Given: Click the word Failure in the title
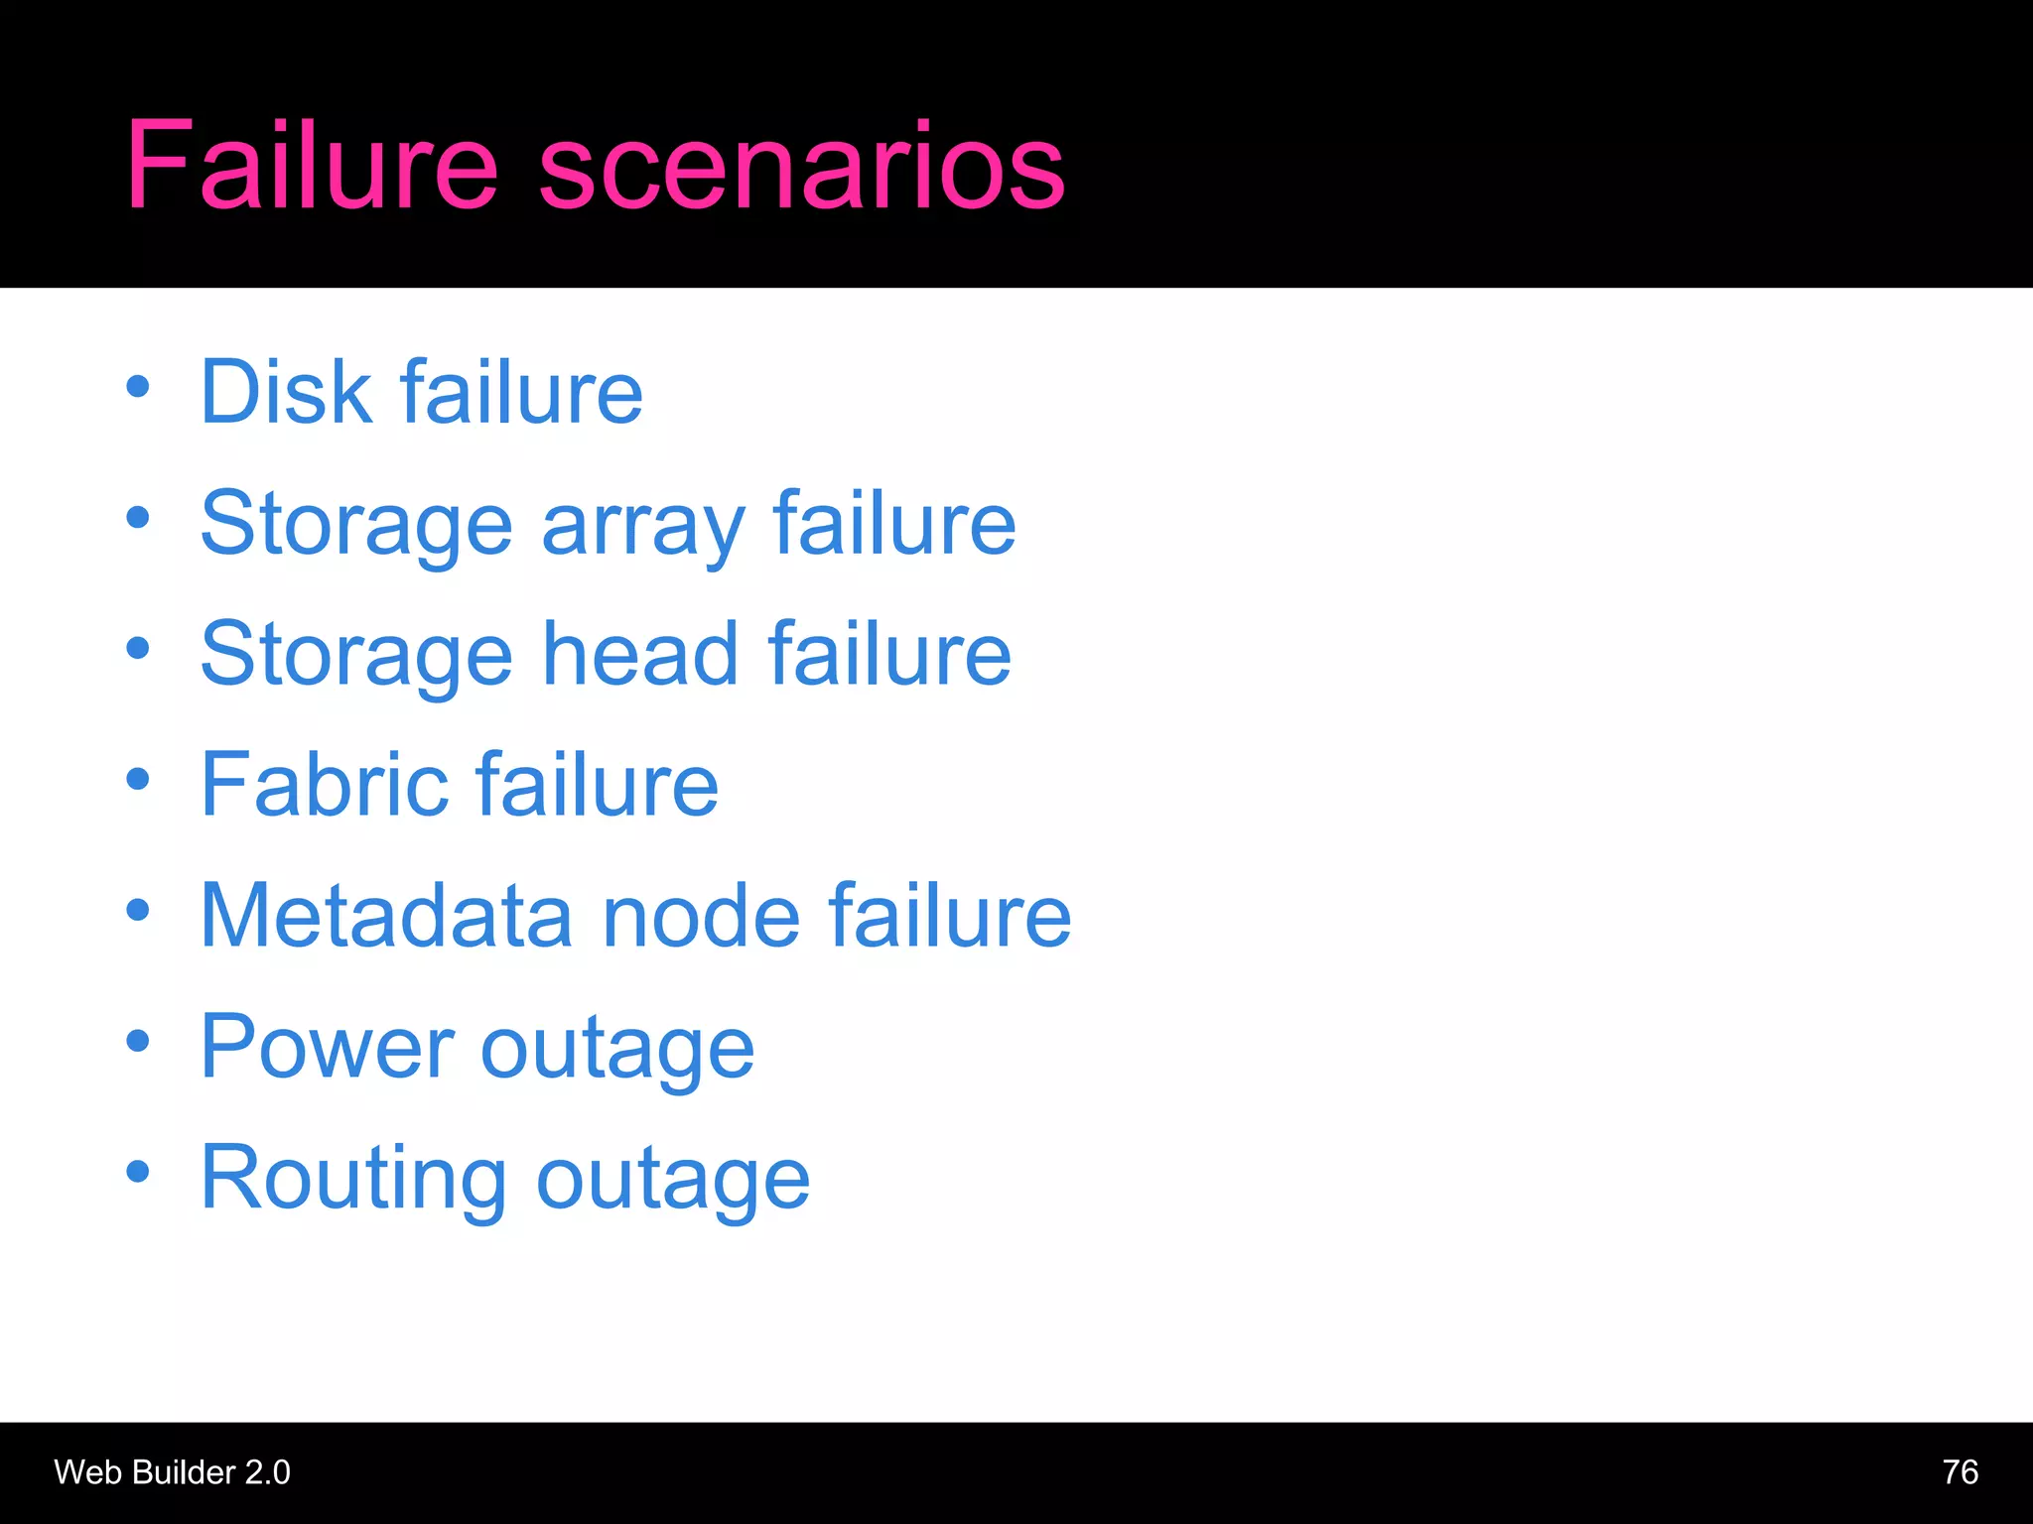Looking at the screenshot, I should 311,165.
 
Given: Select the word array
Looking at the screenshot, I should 643,526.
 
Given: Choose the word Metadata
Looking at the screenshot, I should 387,915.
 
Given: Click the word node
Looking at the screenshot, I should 701,915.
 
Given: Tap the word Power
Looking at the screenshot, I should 327,1047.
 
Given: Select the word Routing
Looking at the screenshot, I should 353,1179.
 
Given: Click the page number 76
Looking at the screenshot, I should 1960,1471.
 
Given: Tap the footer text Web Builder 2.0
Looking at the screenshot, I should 172,1472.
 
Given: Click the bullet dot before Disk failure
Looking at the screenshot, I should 138,387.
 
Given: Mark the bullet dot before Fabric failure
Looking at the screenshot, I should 138,779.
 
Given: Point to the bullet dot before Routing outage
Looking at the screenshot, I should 138,1172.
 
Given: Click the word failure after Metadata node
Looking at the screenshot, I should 949,915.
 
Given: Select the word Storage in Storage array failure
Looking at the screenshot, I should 356,526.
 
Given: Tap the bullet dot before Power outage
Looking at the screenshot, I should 138,1041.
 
